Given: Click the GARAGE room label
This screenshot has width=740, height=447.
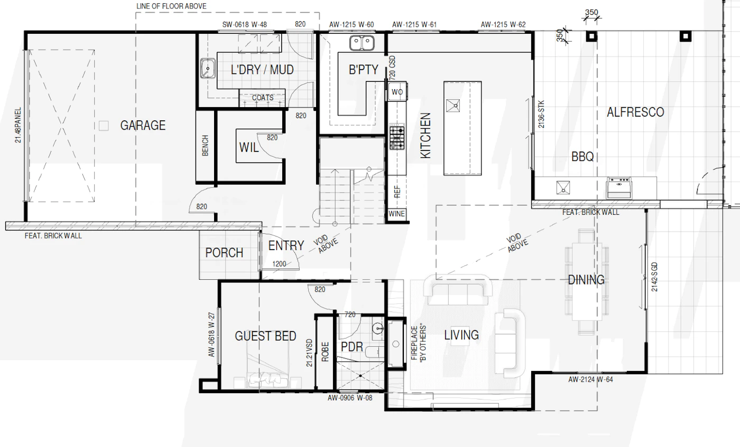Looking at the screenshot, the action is coord(143,126).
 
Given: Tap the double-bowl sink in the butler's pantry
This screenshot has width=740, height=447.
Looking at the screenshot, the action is coord(362,43).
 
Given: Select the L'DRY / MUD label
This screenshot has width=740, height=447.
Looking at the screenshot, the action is coord(262,70).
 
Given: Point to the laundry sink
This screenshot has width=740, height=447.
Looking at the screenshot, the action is coord(208,68).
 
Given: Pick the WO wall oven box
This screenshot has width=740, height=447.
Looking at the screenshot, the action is coord(397,92).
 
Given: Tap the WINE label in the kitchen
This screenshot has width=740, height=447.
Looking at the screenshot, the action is coord(396,214).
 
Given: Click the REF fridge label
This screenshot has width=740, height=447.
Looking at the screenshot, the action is coord(397,192).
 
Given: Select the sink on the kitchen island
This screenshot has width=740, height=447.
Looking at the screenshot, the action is coord(452,106).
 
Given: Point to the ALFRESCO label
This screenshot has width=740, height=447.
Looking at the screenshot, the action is coord(635,112).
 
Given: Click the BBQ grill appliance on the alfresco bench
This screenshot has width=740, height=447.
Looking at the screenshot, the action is coord(619,187).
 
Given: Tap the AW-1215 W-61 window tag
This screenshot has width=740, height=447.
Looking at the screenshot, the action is coord(414,24).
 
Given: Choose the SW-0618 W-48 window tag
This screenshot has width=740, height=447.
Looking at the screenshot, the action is coord(244,24).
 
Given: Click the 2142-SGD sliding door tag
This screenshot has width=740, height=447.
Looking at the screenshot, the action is coord(654,277).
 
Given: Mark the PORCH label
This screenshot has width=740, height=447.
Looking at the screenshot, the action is coord(224,253).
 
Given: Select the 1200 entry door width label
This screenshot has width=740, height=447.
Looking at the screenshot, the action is coord(279,264).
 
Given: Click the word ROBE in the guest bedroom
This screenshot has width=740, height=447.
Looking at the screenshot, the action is coord(325,351).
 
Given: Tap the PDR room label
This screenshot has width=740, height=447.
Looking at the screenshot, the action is coord(352,347).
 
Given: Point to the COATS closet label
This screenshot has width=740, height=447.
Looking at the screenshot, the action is coord(263,98).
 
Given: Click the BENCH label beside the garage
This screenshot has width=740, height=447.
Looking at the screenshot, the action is coord(205,146).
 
